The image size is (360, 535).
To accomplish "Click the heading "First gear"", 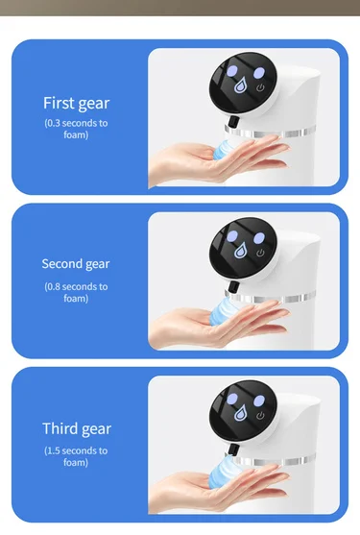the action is click(x=77, y=104).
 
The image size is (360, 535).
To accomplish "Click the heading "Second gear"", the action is click(x=76, y=264).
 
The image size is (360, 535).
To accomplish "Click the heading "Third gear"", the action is click(x=77, y=429).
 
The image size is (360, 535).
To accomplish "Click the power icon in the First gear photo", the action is click(x=260, y=88).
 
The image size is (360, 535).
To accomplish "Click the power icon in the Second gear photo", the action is click(x=260, y=253).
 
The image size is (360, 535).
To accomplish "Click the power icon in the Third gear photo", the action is click(x=260, y=416).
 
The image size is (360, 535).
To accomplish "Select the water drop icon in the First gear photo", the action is click(x=241, y=85).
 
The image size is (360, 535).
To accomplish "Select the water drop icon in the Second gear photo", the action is click(x=240, y=250).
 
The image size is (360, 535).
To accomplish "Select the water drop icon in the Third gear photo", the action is click(x=240, y=413).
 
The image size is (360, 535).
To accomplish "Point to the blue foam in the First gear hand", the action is click(x=224, y=150).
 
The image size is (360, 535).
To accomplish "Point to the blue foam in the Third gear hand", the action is click(x=225, y=470).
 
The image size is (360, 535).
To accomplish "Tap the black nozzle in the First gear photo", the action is click(x=233, y=121).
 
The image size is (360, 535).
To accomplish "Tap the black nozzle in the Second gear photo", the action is click(x=233, y=287).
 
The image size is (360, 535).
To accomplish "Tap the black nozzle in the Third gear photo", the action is click(x=233, y=450).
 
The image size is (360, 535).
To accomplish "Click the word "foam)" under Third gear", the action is click(x=76, y=463).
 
